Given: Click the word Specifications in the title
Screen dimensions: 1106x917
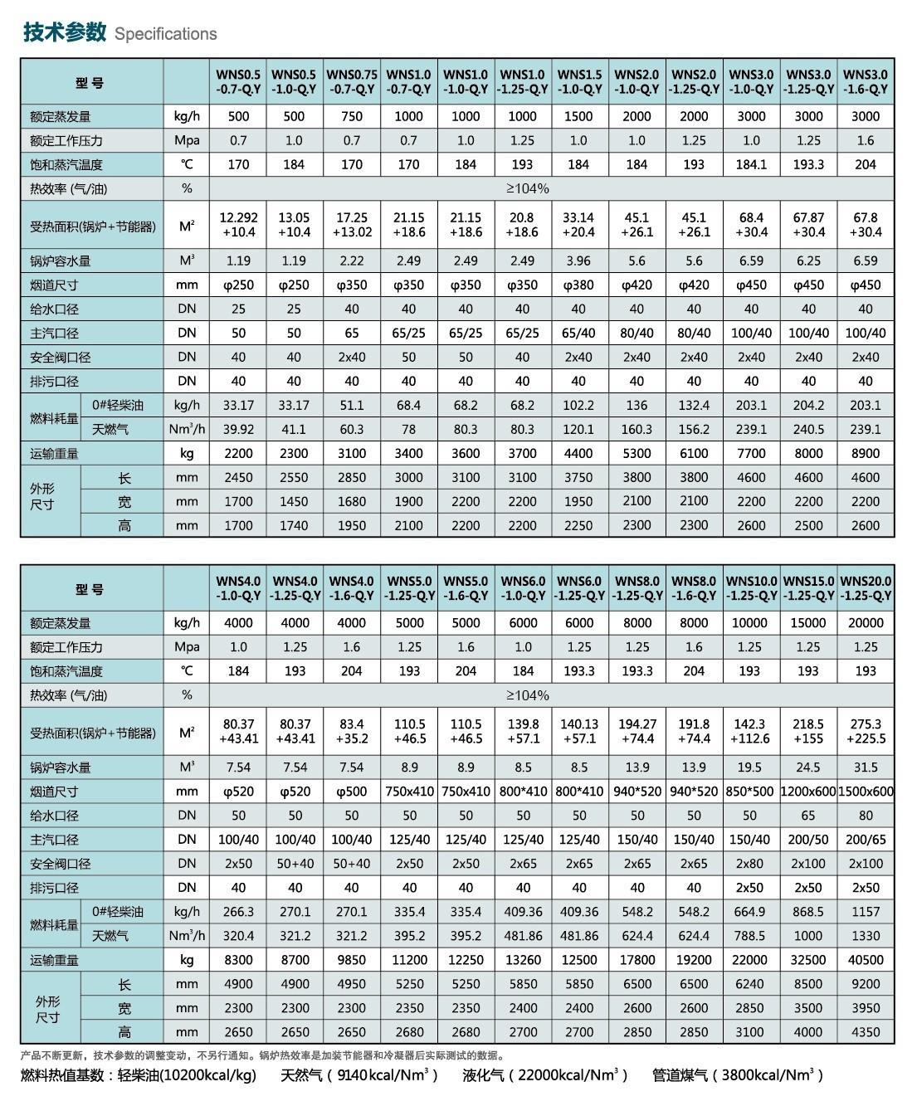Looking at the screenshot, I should pos(165,34).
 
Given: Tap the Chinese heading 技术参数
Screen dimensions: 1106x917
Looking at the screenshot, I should pos(65,32).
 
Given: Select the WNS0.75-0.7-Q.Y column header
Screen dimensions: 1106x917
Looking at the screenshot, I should pos(352,82).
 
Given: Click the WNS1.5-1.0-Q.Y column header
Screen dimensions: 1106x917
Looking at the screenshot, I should pos(579,82).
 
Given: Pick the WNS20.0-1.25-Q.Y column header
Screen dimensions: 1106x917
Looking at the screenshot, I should pos(866,588).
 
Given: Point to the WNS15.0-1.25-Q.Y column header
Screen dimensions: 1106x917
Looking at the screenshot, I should pos(808,588).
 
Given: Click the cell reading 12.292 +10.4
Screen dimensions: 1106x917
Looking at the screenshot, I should pos(238,225).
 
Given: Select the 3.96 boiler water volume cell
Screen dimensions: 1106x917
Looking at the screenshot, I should pos(579,261).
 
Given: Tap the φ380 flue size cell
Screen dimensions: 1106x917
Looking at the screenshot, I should pos(579,285).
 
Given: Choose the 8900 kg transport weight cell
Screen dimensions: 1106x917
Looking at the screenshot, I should pos(866,453).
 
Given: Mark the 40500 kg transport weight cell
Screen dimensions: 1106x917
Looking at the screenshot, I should pos(866,959).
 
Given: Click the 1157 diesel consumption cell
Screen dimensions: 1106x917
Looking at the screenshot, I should pos(866,911).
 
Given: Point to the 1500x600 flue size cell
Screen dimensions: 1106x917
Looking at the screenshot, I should pos(866,792).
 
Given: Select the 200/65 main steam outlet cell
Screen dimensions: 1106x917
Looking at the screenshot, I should pos(866,840).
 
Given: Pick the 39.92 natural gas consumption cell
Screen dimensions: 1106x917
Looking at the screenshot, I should pos(238,429).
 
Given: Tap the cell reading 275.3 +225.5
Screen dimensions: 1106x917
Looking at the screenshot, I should pos(866,731).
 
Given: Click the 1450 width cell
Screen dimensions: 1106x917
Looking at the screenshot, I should pos(295,501).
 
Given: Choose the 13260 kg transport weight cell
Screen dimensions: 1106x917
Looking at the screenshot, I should pos(523,959).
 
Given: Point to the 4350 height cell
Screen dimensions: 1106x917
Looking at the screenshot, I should pos(866,1031).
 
